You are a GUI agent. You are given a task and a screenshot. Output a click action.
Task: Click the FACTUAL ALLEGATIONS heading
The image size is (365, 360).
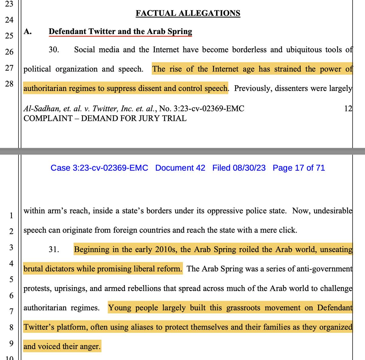188,13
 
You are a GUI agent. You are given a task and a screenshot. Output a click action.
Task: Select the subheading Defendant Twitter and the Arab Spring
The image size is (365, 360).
120,32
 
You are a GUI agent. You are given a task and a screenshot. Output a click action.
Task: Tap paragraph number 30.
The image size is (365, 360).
54,50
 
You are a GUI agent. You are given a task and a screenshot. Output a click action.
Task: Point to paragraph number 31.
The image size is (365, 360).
54,250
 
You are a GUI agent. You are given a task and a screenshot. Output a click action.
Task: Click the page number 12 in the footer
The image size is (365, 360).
348,109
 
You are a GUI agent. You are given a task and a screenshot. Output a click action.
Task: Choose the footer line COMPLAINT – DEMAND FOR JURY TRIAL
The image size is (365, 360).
105,118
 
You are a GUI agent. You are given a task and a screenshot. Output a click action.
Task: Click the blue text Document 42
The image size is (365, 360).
180,168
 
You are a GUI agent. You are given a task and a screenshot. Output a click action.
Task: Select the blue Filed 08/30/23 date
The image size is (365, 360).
239,168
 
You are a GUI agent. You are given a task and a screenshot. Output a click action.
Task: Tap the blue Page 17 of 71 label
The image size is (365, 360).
299,168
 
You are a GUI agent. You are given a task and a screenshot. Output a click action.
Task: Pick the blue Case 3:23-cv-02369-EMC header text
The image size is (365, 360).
99,168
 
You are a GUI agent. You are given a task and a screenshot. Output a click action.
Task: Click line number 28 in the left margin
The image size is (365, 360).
9,84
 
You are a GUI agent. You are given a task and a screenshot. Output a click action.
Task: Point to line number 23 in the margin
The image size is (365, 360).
9,4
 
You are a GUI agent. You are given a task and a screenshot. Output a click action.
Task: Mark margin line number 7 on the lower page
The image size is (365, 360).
11,312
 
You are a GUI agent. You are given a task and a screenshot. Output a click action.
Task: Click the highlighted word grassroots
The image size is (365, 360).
243,308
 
